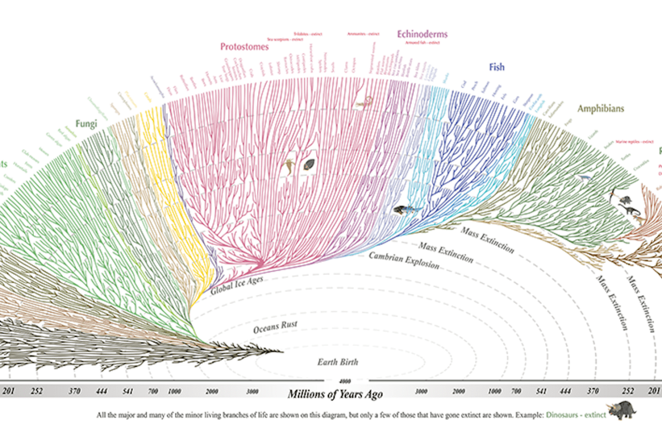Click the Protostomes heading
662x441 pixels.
244,47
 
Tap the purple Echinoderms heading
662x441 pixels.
422,34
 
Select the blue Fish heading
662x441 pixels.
496,67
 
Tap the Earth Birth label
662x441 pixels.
338,362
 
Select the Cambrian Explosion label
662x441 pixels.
404,260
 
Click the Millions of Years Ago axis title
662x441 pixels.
335,394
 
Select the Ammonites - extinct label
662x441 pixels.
361,34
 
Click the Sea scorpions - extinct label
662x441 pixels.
285,39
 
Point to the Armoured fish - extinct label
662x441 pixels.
421,42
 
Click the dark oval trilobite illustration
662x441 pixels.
310,164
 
